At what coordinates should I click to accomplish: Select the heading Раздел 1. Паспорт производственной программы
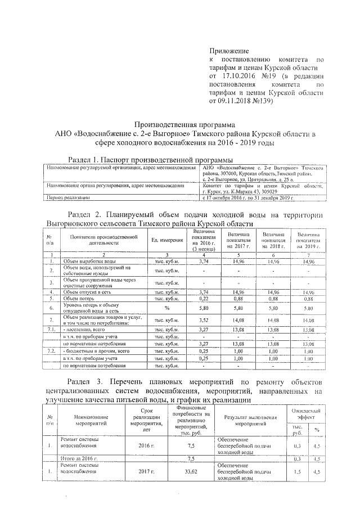point(150,159)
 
